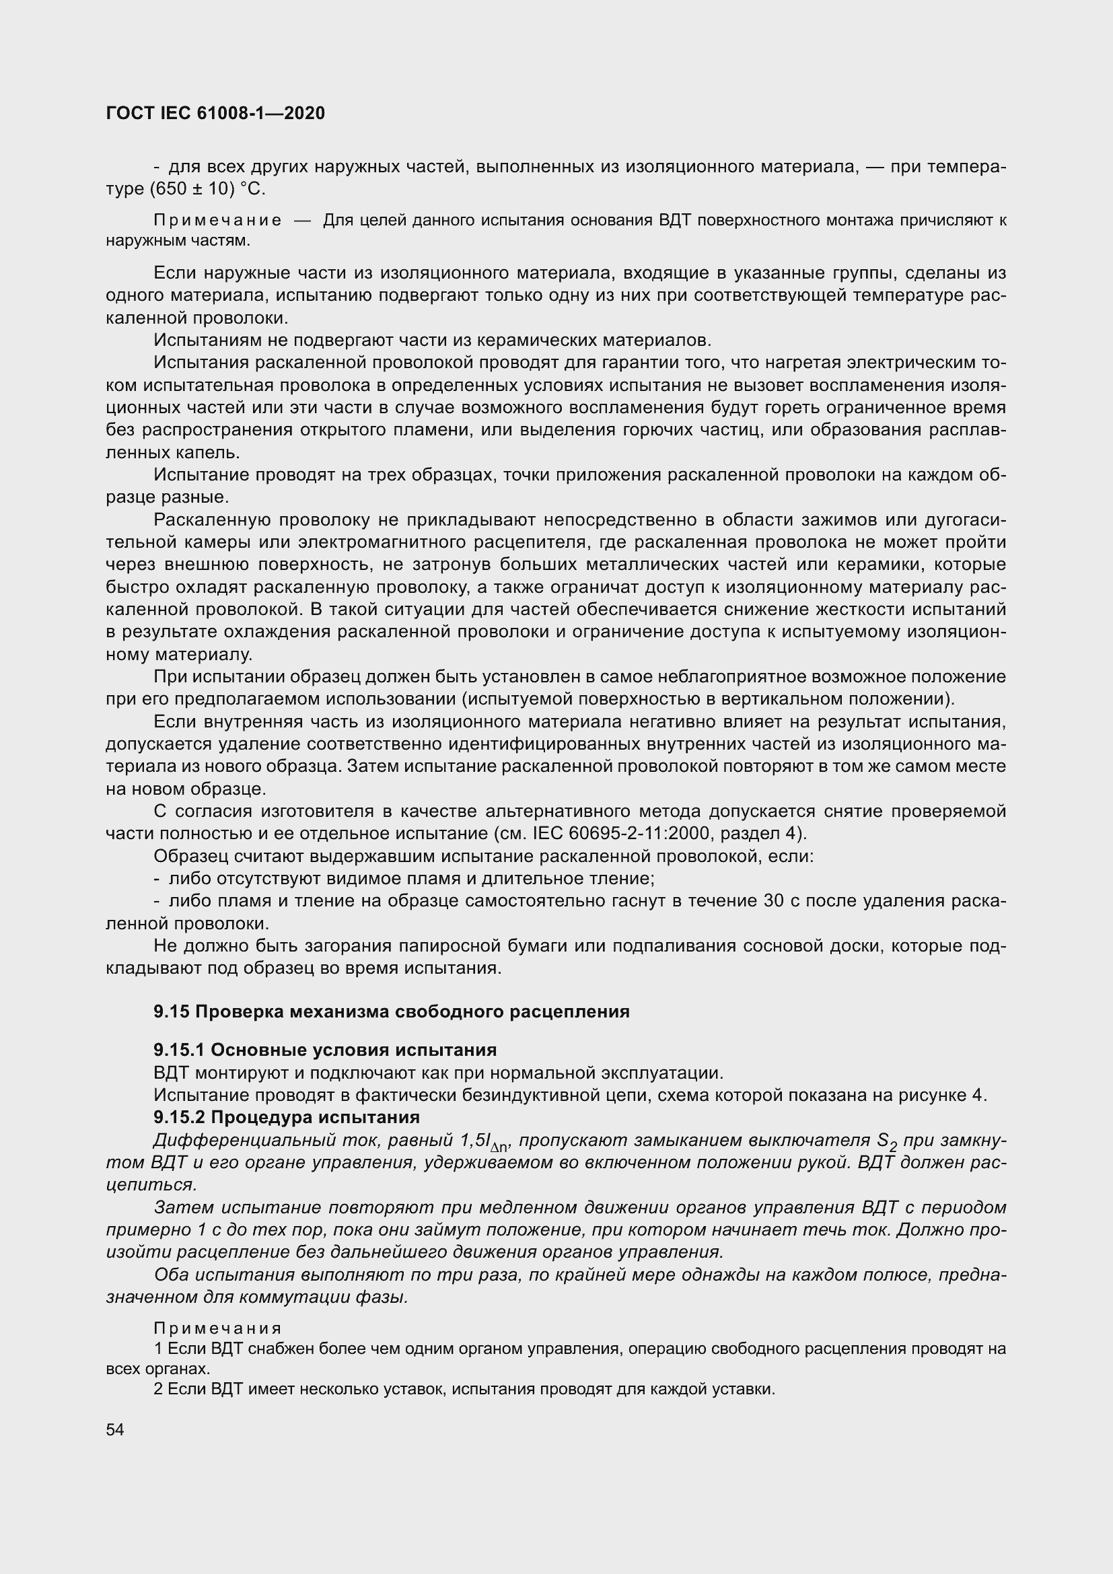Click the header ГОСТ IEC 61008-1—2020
[215, 114]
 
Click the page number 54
[115, 1429]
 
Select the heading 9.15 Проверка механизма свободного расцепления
[392, 1011]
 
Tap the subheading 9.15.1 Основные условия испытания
[325, 1050]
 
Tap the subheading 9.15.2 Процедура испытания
[287, 1117]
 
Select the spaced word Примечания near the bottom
[217, 1328]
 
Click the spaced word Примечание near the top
[217, 220]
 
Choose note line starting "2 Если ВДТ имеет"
[464, 1389]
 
